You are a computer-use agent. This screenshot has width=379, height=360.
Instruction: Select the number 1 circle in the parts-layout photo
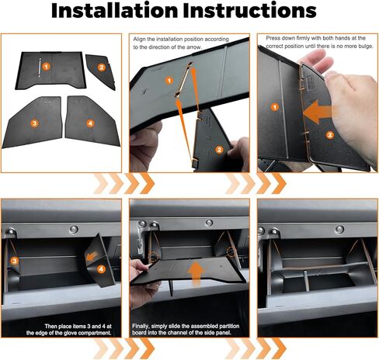(x=47, y=67)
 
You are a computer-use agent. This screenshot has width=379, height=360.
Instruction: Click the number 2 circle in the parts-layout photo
(x=101, y=67)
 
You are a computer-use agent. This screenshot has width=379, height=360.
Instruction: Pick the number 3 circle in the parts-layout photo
(x=35, y=123)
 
